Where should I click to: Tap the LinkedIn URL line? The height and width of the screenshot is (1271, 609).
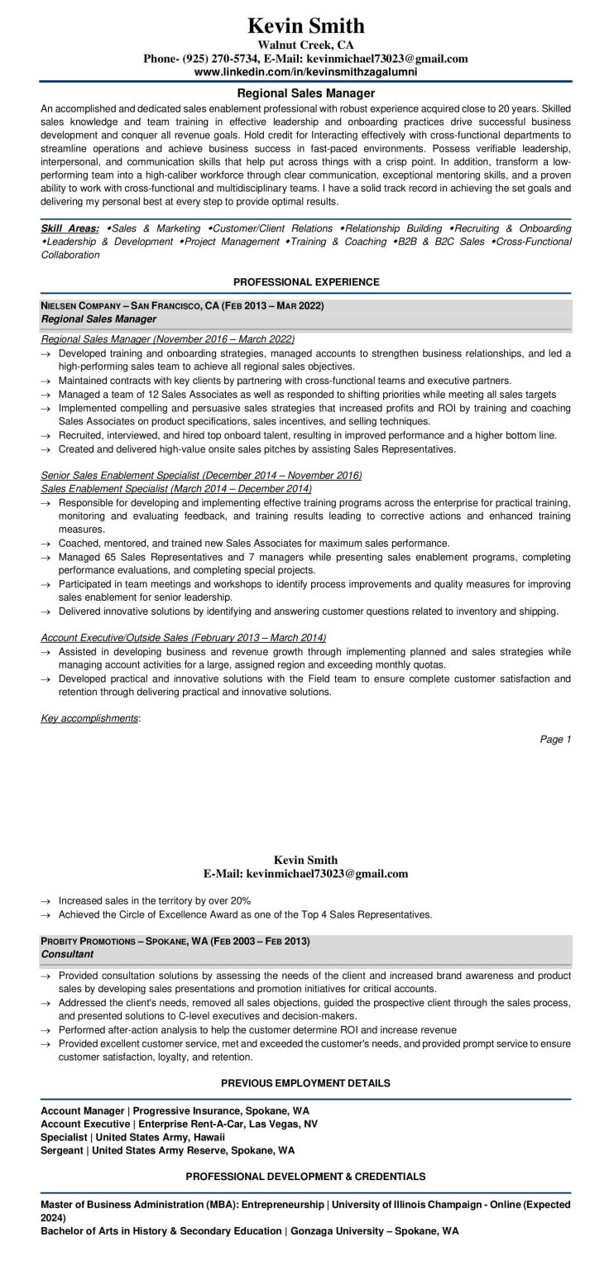point(305,72)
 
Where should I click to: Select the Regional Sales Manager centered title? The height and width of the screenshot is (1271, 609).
point(305,94)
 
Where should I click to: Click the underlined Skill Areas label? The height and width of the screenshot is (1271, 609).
point(70,228)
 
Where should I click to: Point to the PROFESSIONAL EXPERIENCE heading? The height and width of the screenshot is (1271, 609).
point(305,282)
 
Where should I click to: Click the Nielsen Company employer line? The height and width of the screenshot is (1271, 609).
point(183,306)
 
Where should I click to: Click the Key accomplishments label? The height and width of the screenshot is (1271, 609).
point(89,718)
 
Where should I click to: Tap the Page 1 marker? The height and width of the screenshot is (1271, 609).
point(555,739)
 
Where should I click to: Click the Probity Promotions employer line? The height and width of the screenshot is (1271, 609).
point(175,942)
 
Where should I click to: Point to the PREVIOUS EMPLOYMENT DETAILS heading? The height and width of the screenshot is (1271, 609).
point(305,1082)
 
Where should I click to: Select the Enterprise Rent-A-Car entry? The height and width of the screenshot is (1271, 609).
point(179,1124)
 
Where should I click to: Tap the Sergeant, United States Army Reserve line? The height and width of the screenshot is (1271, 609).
point(167,1150)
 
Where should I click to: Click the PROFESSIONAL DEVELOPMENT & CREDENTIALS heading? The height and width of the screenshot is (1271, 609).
point(305,1176)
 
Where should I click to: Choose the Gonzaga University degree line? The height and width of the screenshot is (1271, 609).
point(249,1231)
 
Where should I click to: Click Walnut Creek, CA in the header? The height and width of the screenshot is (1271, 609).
point(305,45)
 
